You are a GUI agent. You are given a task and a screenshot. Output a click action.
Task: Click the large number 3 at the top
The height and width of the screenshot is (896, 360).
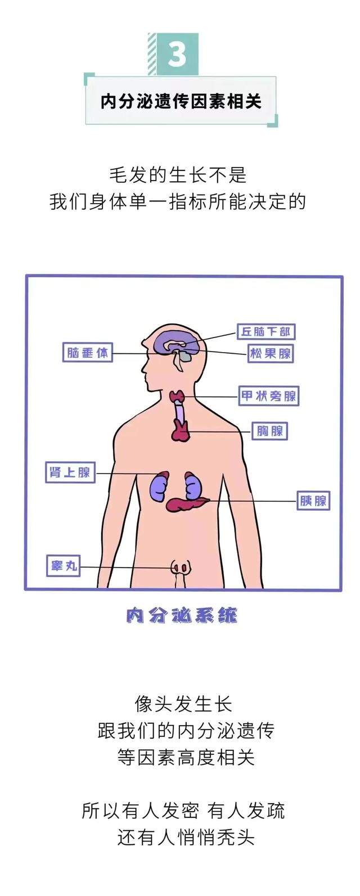(177, 55)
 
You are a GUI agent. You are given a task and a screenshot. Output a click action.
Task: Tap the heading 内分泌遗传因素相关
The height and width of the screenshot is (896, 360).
(181, 101)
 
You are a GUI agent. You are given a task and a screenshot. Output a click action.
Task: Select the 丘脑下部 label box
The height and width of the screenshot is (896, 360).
(266, 332)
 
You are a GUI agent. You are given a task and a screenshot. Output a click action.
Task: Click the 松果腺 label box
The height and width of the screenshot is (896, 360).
(271, 354)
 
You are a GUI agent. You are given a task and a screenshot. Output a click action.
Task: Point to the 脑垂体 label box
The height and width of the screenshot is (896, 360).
(88, 353)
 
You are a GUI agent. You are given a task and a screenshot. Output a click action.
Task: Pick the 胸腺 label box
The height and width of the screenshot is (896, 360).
(270, 431)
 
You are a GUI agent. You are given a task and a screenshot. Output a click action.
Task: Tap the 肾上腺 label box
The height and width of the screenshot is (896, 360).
(70, 472)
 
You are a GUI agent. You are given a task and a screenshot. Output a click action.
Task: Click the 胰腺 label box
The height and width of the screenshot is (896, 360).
(313, 501)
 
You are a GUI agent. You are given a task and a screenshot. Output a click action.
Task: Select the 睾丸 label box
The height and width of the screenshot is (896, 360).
(63, 566)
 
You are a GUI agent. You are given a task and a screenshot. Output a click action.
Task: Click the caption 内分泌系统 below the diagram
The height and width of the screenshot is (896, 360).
(181, 615)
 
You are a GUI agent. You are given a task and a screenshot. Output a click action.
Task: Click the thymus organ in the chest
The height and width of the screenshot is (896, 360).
(181, 431)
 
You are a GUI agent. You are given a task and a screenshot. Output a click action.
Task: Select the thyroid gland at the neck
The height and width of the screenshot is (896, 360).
(178, 397)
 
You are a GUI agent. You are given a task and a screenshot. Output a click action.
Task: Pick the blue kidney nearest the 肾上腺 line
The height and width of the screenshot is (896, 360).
(159, 485)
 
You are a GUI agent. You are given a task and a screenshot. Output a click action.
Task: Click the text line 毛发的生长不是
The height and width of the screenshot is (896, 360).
(178, 175)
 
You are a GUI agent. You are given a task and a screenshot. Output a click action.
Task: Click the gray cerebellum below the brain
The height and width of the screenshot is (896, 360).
(184, 355)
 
